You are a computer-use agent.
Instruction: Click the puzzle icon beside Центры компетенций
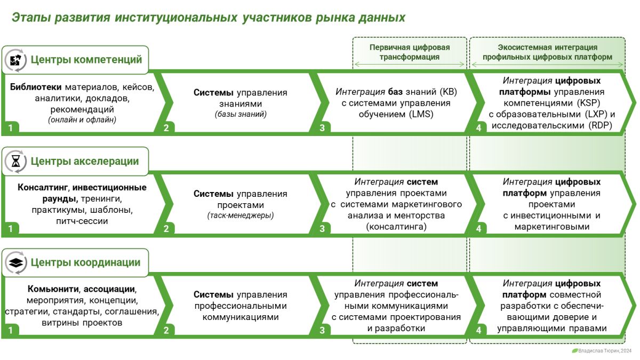click(15, 60)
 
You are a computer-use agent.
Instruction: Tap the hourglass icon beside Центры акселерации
click(15, 162)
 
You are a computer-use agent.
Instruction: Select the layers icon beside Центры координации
click(15, 262)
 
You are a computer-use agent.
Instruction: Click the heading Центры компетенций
click(86, 60)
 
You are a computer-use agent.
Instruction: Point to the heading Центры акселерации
click(85, 161)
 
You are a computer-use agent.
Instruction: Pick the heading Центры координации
click(85, 262)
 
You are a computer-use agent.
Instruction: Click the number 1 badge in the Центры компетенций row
click(11, 127)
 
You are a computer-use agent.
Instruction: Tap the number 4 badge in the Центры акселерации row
click(478, 229)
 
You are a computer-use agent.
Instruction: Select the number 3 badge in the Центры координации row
click(322, 330)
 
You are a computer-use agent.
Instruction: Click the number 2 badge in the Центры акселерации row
click(166, 229)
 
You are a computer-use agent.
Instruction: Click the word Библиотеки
click(36, 87)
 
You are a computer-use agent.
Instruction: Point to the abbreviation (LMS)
click(421, 114)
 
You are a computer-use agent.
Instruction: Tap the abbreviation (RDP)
click(600, 125)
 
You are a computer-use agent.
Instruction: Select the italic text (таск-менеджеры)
click(241, 215)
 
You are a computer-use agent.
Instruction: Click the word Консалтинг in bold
click(43, 187)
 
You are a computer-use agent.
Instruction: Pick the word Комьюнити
click(53, 289)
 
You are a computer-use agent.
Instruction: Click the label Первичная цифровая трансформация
click(410, 52)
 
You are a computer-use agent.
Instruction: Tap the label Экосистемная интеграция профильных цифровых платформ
click(547, 52)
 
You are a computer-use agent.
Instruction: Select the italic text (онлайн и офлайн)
click(82, 119)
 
